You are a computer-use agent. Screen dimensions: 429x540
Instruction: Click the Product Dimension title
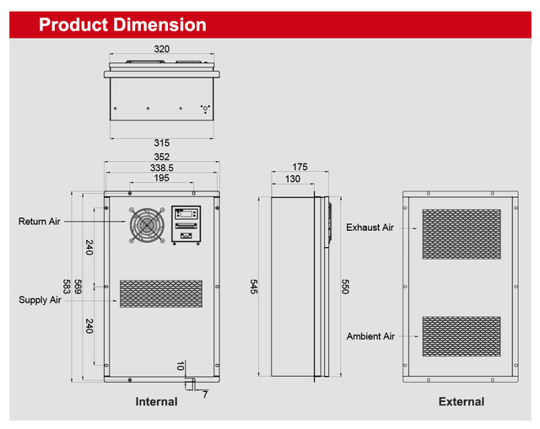point(122,24)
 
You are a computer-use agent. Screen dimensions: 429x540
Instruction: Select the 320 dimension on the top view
point(160,49)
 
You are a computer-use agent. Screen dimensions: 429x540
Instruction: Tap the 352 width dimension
point(161,157)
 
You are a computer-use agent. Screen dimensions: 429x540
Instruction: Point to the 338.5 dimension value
point(160,168)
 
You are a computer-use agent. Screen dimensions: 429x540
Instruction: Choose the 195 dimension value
point(160,178)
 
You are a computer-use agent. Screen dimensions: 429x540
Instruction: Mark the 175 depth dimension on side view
point(299,167)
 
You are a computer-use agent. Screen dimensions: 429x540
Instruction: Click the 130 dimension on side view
point(292,179)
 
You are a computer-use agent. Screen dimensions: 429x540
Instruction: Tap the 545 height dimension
point(254,287)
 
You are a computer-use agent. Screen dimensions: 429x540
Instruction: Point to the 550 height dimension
point(344,287)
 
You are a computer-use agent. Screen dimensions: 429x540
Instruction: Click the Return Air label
point(40,222)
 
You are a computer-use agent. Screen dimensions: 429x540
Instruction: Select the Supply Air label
point(40,299)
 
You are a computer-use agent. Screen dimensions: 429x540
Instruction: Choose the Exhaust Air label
point(370,228)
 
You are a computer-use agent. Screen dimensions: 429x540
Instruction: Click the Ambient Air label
point(370,336)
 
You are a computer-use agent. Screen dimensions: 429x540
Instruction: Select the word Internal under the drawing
point(156,402)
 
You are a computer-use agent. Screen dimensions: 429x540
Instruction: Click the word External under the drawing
point(461,402)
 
